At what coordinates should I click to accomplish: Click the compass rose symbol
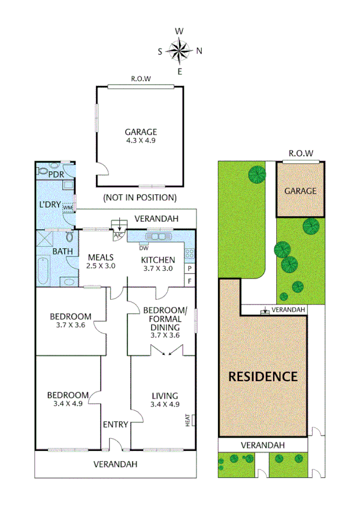180,50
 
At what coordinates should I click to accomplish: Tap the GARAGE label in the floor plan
141,132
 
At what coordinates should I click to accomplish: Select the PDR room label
56,174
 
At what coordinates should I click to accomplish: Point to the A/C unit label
118,234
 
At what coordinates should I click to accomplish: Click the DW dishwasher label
144,247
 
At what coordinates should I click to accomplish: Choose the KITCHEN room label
158,260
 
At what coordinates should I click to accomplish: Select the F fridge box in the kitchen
189,281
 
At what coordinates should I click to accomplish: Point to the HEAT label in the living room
188,421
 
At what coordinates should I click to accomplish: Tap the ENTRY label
115,424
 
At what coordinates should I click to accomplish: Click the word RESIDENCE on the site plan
262,377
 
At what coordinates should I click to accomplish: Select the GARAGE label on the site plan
300,191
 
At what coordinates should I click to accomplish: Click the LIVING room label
165,395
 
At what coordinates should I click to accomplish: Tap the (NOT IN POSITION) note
140,197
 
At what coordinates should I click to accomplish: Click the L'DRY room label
50,204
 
